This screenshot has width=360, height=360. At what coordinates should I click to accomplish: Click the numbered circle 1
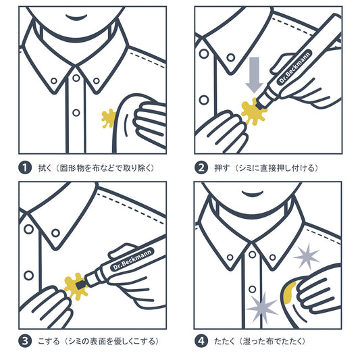[x=25, y=168]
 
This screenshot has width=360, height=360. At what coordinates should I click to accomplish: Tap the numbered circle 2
[x=201, y=168]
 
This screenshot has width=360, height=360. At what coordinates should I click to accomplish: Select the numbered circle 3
[x=25, y=341]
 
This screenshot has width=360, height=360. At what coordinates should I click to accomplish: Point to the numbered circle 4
[x=201, y=341]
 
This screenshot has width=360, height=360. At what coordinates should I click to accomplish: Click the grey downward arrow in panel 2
[x=254, y=74]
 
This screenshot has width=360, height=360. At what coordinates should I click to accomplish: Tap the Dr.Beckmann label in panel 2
[x=295, y=68]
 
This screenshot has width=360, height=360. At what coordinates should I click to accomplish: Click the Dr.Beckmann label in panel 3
[x=132, y=259]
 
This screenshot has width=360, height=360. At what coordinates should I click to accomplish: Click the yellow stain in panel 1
[x=108, y=118]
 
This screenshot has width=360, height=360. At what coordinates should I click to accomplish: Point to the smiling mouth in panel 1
[x=76, y=18]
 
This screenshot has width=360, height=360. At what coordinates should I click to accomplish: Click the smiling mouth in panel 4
[x=253, y=193]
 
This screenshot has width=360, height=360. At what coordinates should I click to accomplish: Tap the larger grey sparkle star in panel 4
[x=262, y=308]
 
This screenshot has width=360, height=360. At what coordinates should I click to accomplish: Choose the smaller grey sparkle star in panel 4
[x=307, y=256]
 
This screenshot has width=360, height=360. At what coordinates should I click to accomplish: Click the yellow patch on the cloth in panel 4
[x=290, y=292]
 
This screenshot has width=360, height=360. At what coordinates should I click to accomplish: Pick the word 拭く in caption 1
[x=45, y=168]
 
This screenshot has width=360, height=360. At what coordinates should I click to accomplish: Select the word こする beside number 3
[x=49, y=341]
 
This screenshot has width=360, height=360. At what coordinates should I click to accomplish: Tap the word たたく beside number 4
[x=224, y=341]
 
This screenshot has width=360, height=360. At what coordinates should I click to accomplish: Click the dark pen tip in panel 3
[x=80, y=285]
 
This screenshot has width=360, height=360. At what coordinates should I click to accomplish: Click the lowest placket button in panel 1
[x=76, y=113]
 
